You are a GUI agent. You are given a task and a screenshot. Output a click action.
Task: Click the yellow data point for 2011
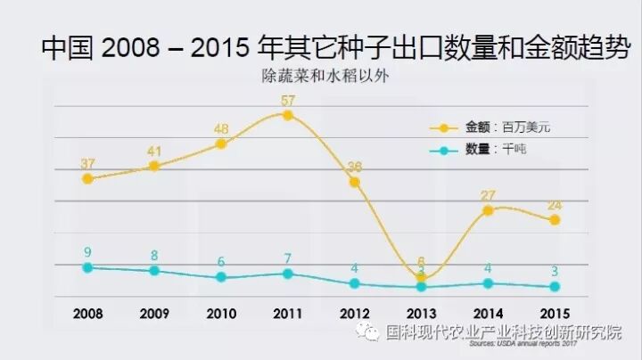[x=287, y=115]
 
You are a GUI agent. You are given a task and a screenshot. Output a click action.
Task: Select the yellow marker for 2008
[x=87, y=178]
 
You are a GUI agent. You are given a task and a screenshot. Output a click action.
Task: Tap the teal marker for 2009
[x=154, y=271]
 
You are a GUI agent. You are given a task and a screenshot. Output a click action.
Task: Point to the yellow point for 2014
[x=488, y=210]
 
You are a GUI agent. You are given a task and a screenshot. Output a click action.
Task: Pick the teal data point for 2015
[x=555, y=287]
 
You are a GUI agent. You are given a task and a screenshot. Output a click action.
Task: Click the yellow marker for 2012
[x=354, y=182]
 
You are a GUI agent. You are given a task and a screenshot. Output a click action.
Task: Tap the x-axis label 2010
[x=221, y=313]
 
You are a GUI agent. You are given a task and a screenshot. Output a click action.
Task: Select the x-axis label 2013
[x=421, y=313]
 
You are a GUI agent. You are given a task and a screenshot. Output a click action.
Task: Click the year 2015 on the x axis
[x=555, y=313]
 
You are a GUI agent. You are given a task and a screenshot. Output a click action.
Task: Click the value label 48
[x=221, y=129]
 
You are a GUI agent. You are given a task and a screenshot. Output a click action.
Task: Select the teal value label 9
[x=87, y=251]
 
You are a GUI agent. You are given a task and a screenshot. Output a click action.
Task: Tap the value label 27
[x=488, y=194]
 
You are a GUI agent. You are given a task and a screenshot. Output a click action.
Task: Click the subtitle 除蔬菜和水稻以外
[x=320, y=77]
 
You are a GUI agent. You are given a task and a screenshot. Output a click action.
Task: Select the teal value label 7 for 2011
[x=287, y=258]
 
